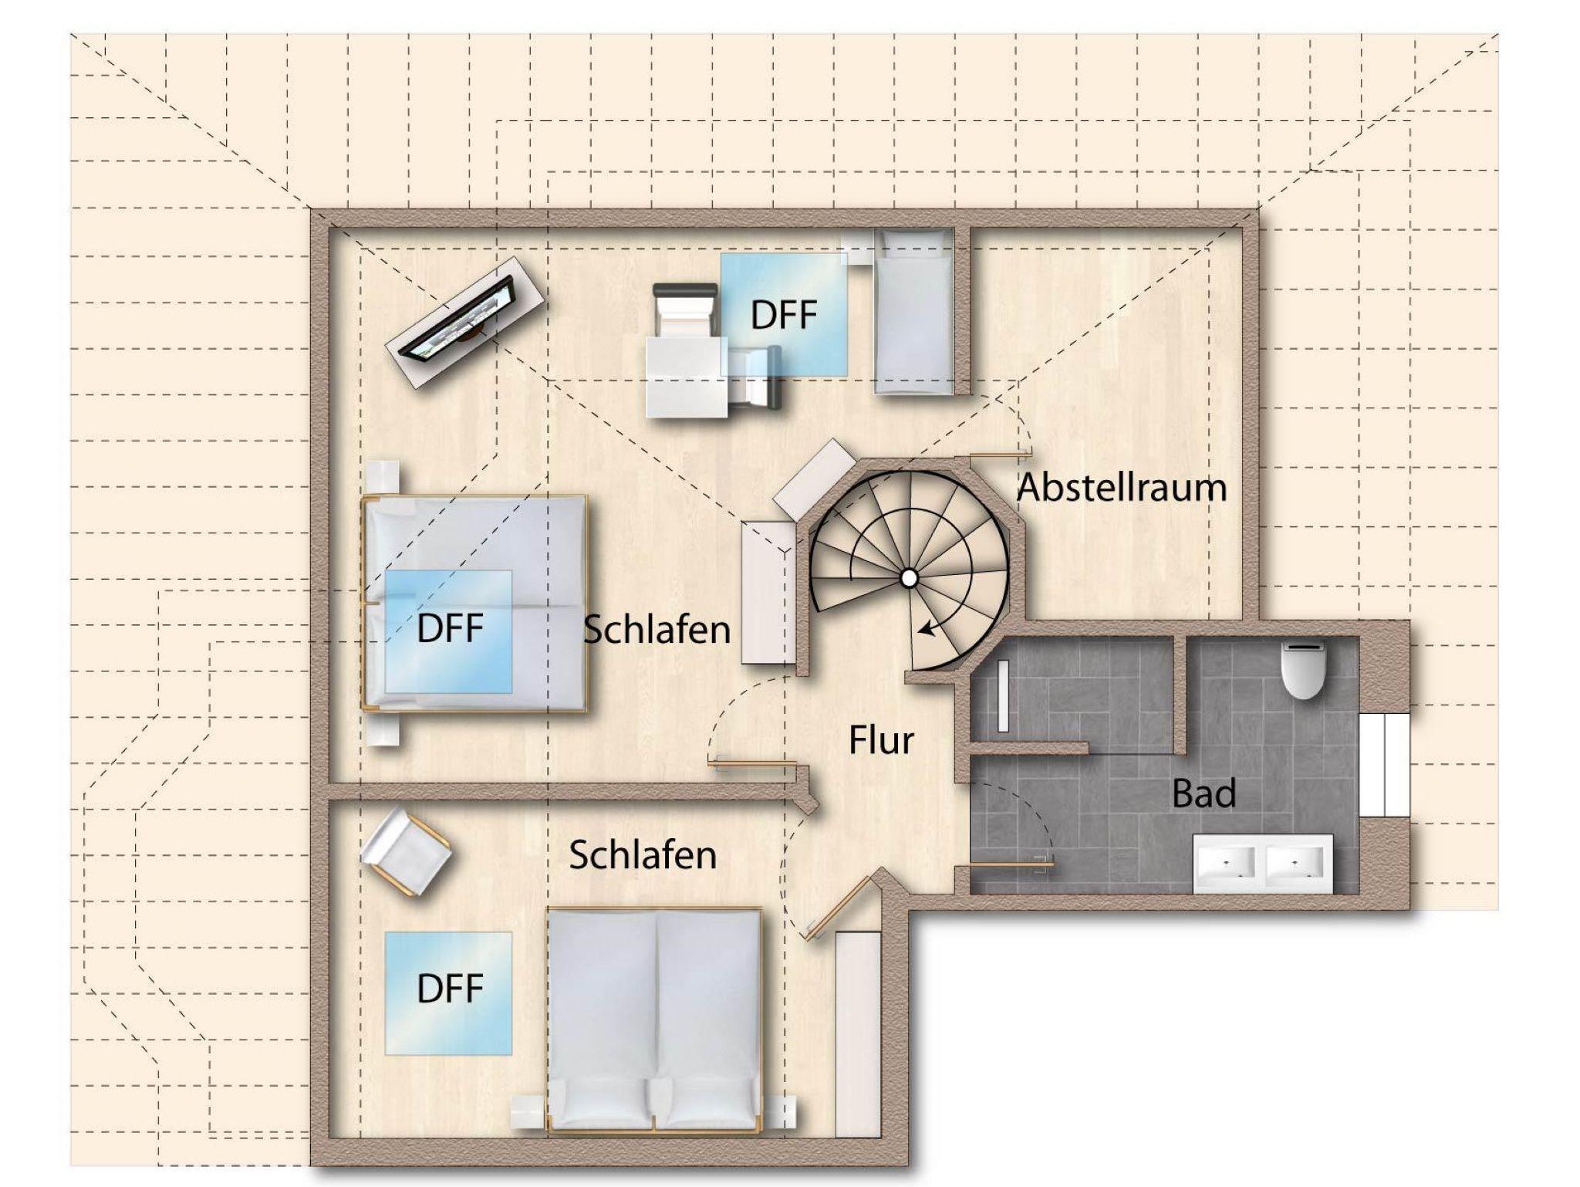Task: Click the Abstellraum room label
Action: coord(1122,488)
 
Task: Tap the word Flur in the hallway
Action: coord(881,740)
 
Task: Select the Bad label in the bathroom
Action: coord(1204,793)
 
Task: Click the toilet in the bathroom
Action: coord(1303,670)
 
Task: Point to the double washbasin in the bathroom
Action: coord(1263,863)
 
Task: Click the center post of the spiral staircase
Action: coord(910,577)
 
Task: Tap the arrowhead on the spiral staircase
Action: coord(926,630)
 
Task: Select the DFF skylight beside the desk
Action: coord(784,314)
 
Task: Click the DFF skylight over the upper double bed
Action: coord(448,631)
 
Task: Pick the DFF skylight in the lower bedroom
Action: coord(448,993)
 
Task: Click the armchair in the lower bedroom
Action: coord(405,851)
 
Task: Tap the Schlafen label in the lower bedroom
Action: coord(643,855)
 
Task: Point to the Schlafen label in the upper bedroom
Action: coord(657,630)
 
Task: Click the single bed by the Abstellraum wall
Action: coord(913,312)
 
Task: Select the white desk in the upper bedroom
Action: coord(686,376)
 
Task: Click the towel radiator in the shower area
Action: coord(1003,695)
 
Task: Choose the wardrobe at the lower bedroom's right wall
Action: coord(858,1033)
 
